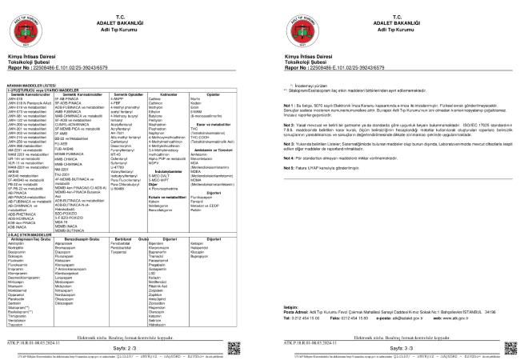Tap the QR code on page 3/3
point(503,346)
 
